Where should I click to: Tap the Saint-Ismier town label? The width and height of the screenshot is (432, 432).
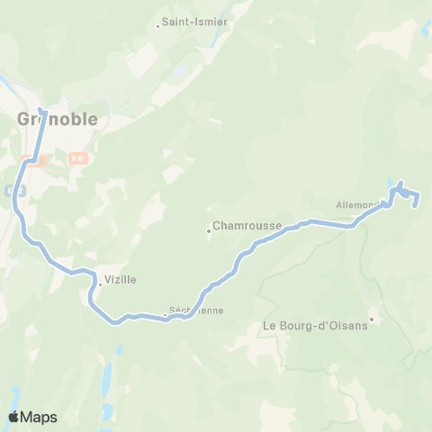[x=194, y=22]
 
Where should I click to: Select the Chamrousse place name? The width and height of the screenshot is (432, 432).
[x=247, y=226]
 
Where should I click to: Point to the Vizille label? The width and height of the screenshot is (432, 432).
[x=121, y=280]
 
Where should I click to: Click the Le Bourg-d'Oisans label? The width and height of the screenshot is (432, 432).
[x=315, y=326]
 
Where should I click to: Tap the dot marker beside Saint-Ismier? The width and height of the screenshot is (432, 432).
[x=158, y=25]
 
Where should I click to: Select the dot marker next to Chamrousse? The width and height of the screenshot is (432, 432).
[x=209, y=229]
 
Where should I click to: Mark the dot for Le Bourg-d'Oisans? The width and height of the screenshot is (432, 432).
[x=372, y=317]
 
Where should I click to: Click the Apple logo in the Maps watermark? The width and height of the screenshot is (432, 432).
[x=14, y=417]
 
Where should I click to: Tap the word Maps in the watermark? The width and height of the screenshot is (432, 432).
[x=40, y=417]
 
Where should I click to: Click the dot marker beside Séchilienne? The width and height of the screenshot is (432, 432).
[x=166, y=315]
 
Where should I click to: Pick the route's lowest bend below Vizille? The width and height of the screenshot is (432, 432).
[x=115, y=322]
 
